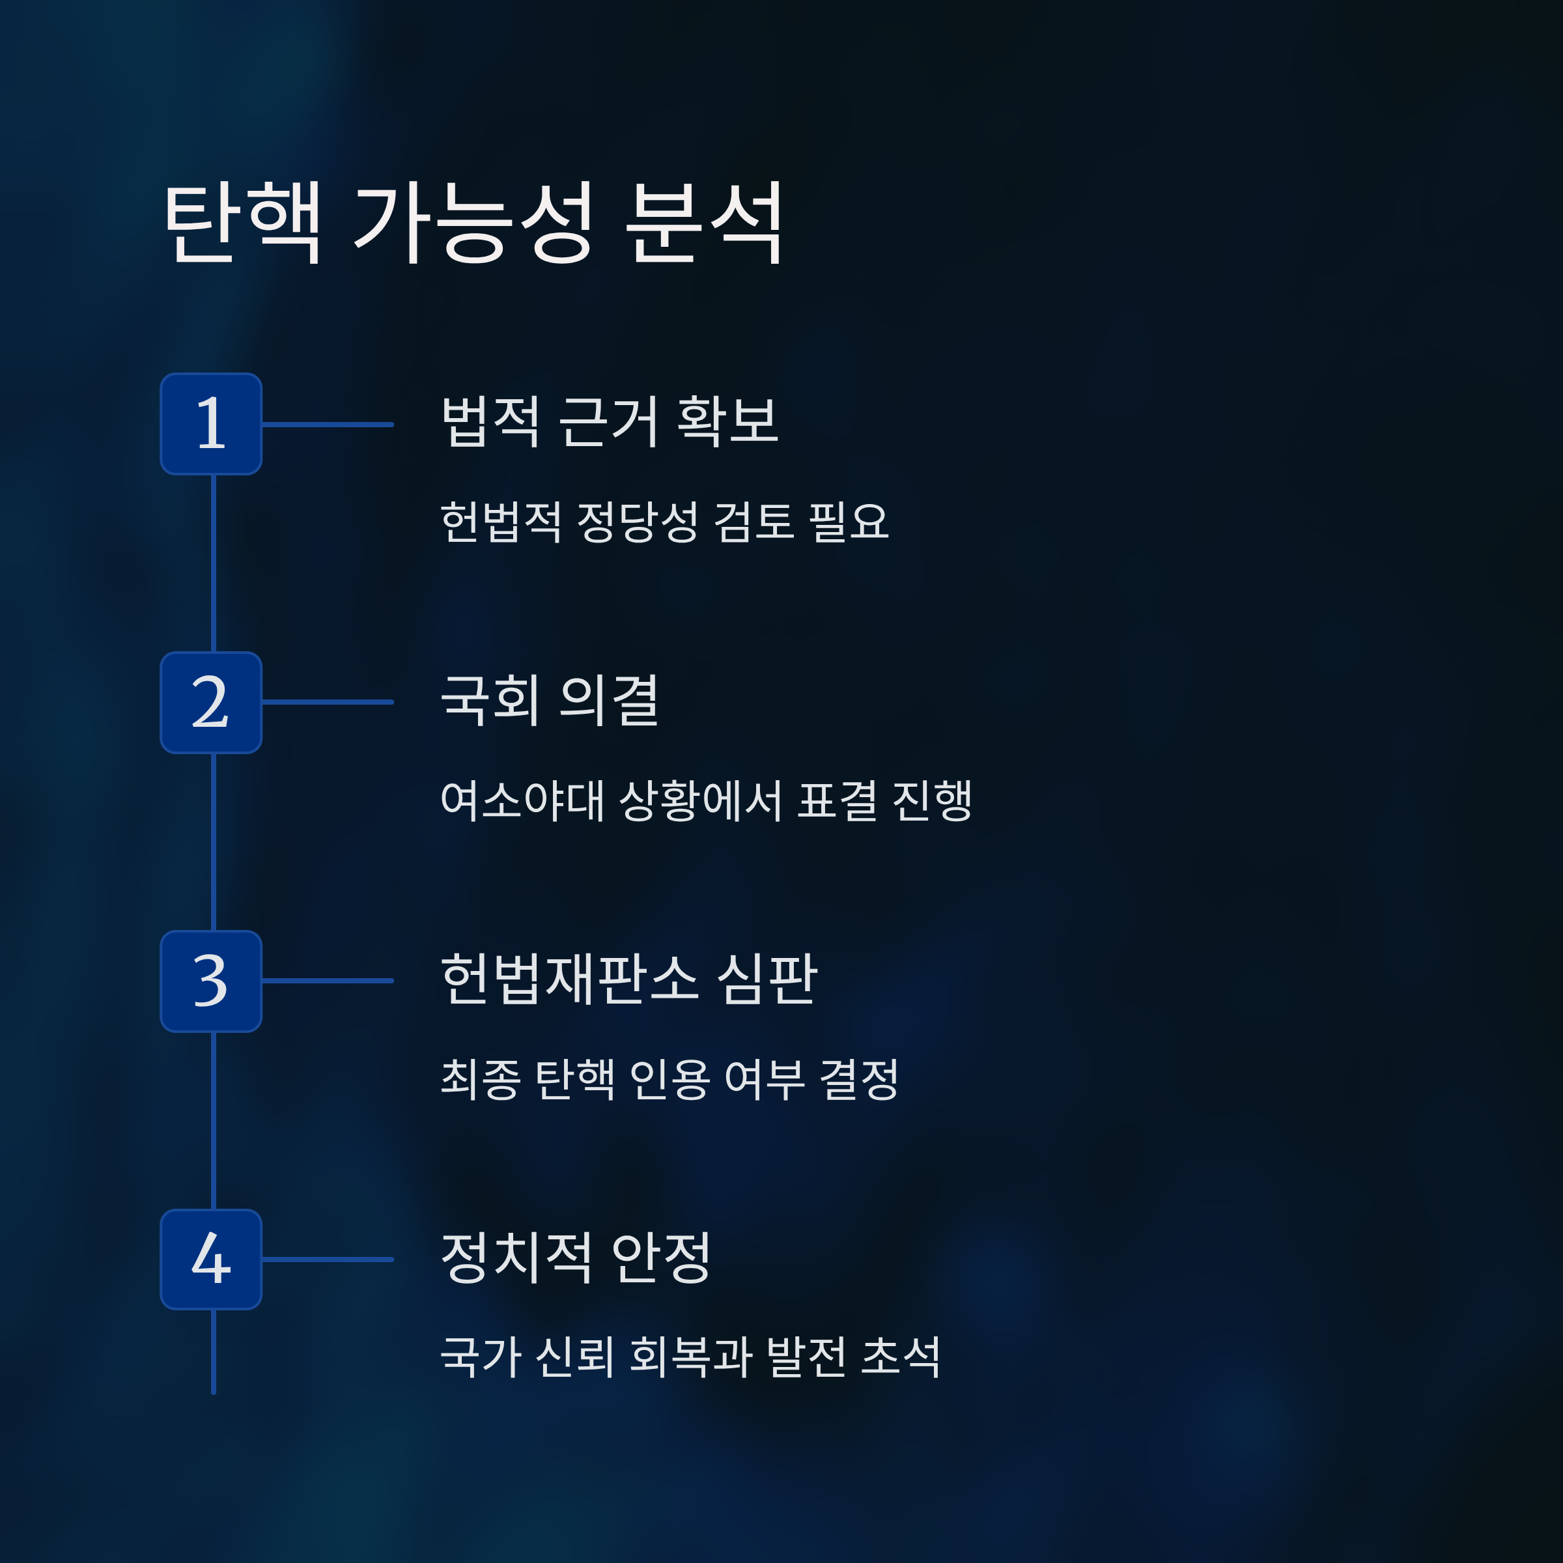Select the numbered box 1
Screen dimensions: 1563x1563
[x=211, y=424]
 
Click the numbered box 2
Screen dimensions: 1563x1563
[x=211, y=702]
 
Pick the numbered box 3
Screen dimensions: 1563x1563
[x=211, y=981]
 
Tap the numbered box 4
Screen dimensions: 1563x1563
[x=211, y=1260]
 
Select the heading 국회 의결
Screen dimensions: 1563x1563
[x=550, y=701]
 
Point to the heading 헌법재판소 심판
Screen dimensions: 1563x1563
[x=629, y=979]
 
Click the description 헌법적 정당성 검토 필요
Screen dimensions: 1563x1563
[x=664, y=521]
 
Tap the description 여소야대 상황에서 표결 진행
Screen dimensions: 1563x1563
[x=706, y=801]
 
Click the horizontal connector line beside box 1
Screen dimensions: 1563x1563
[x=328, y=424]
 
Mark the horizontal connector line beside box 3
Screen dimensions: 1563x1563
[x=328, y=981]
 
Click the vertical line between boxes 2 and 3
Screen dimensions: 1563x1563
[x=214, y=841]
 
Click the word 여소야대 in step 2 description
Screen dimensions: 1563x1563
[x=522, y=801]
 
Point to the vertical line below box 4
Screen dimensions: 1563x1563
[x=214, y=1351]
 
